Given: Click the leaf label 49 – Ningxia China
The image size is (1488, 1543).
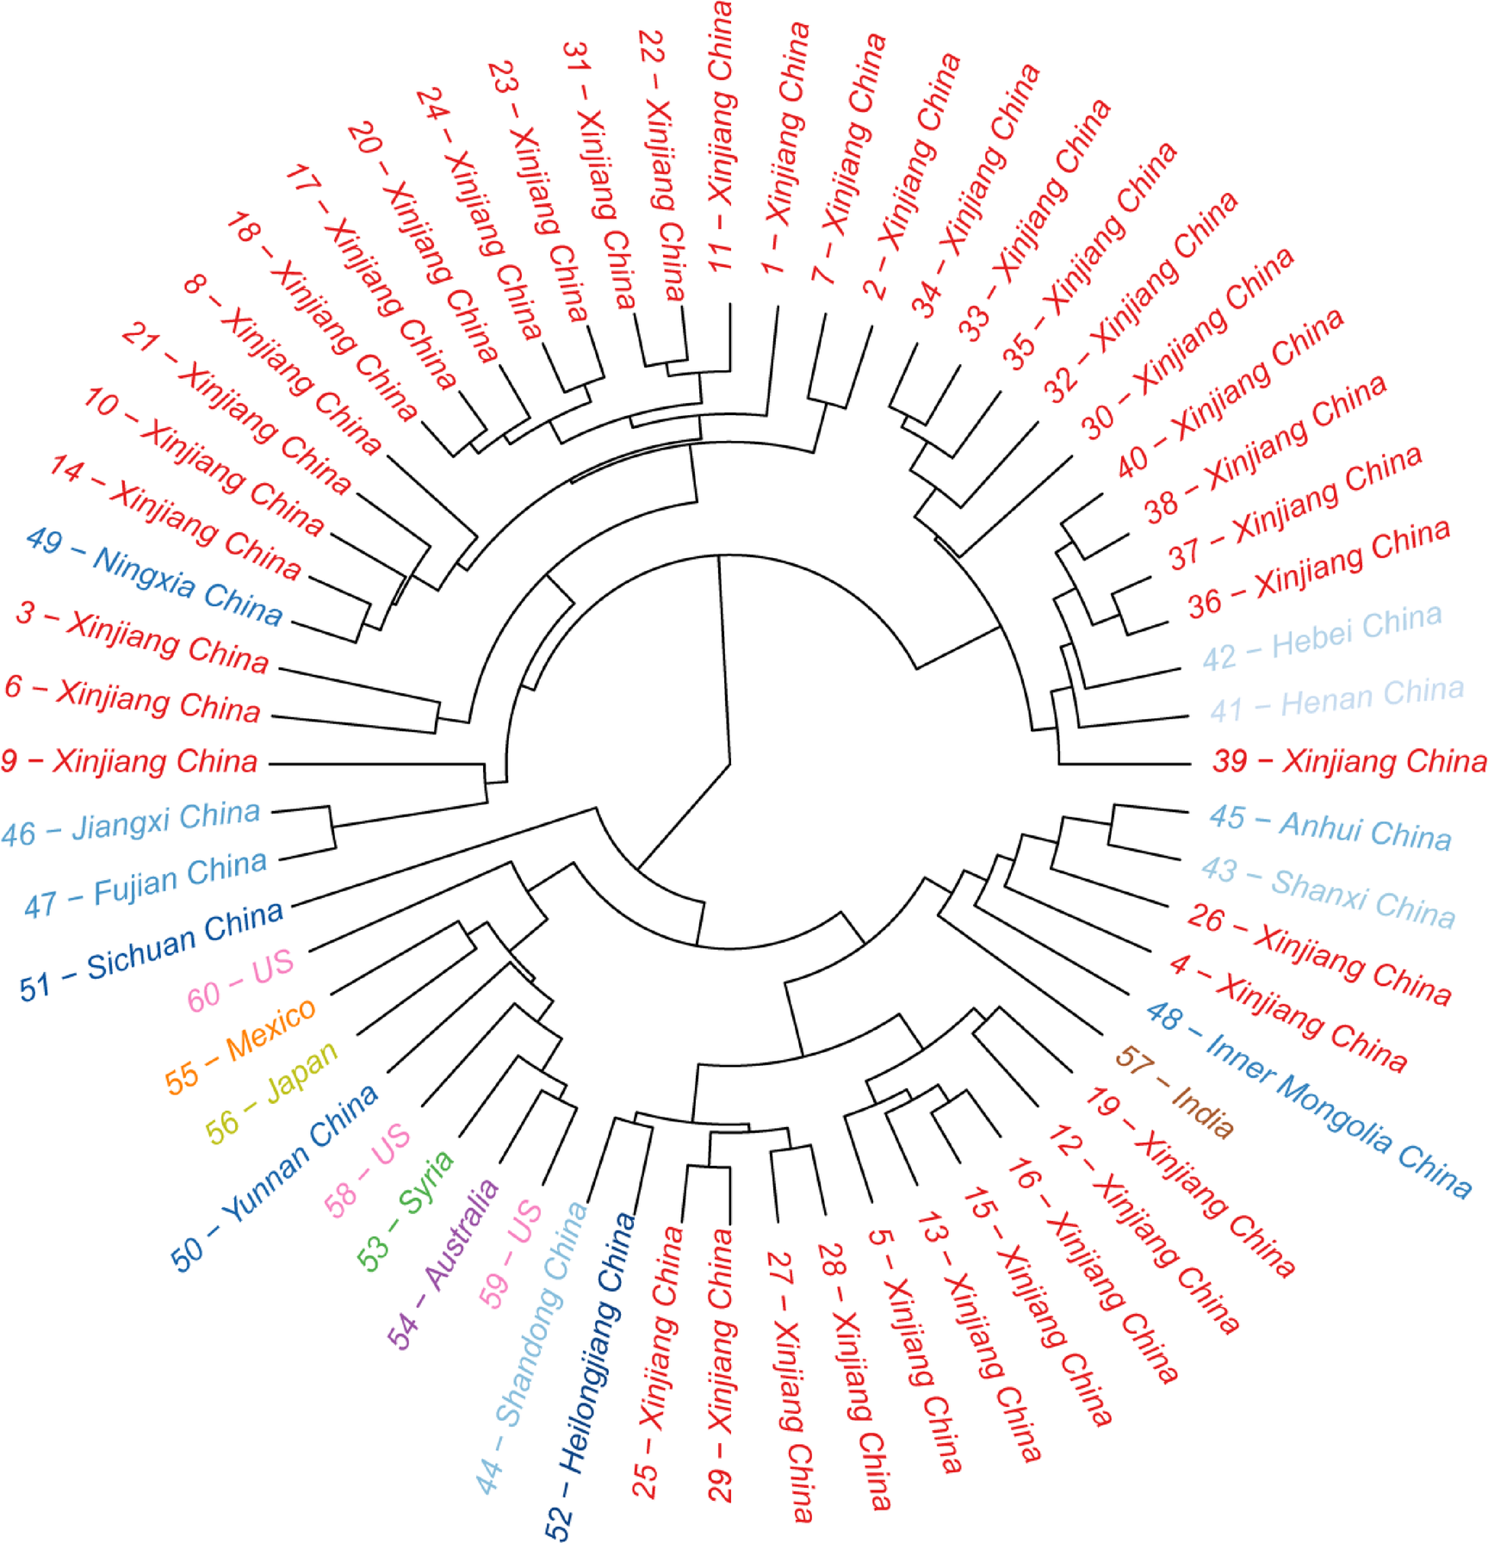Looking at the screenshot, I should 154,577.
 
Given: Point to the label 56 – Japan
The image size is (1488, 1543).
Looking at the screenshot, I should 272,1092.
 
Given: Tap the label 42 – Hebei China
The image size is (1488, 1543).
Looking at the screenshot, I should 1322,637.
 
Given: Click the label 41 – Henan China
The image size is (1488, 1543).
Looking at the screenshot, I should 1336,698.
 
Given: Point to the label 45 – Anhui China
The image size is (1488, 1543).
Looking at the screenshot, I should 1330,828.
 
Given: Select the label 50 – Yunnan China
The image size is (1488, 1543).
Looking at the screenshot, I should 275,1177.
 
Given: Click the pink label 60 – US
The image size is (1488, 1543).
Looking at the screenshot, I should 241,981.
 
